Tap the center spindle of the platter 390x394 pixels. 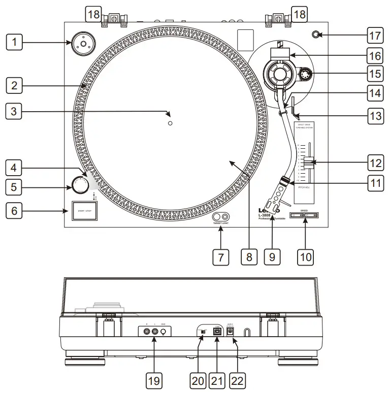pyautogui.click(x=170, y=123)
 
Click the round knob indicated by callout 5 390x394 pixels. pyautogui.click(x=79, y=186)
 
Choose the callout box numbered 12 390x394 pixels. pyautogui.click(x=375, y=163)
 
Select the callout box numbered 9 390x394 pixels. pyautogui.click(x=272, y=256)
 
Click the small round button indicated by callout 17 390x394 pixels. pyautogui.click(x=316, y=35)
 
